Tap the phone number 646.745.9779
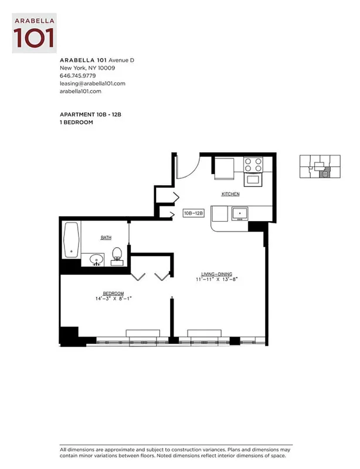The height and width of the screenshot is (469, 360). tap(78, 76)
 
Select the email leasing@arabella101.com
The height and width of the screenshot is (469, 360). tap(93, 83)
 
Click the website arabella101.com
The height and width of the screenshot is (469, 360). tap(81, 91)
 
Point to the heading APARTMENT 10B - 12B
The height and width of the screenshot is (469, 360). tap(90, 114)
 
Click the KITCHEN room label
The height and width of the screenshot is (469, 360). tap(230, 194)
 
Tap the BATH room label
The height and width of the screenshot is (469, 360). tap(106, 237)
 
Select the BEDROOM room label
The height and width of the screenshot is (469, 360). tap(113, 293)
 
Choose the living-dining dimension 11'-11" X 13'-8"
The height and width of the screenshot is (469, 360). tap(216, 280)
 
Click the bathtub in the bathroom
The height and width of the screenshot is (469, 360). tap(72, 240)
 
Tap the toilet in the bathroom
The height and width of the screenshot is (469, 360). tap(117, 254)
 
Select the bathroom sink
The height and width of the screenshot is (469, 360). tap(96, 259)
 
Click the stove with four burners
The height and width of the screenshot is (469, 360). tap(254, 164)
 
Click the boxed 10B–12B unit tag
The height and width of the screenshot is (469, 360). tap(193, 213)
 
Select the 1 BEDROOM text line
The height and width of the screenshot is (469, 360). tap(76, 122)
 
